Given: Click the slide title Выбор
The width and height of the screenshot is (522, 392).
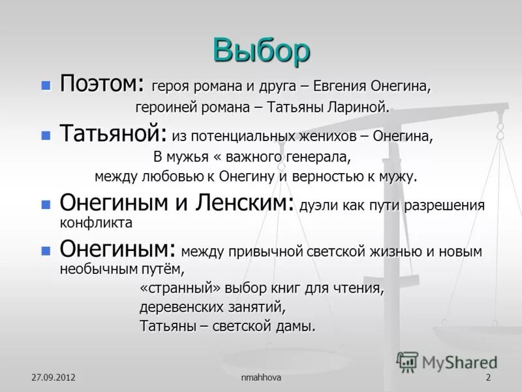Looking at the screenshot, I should coord(261,49).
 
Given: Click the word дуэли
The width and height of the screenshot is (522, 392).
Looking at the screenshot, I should coord(315,206).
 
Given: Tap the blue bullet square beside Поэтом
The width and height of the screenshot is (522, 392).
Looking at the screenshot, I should coord(46,85).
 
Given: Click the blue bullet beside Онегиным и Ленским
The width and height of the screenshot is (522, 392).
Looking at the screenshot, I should coord(46,204).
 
